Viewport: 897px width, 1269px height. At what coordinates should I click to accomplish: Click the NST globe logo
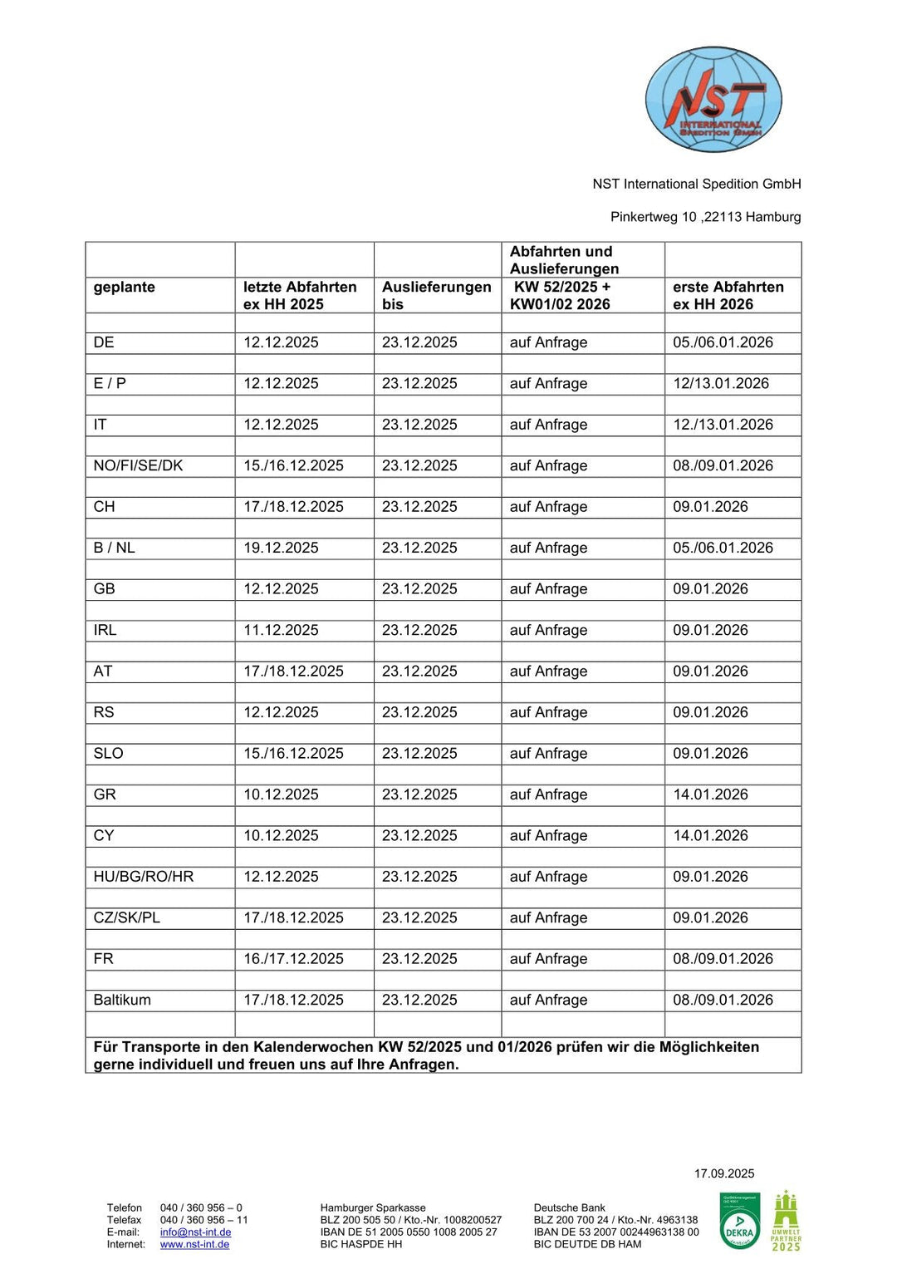click(x=713, y=100)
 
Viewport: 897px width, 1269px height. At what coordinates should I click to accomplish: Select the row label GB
click(x=105, y=589)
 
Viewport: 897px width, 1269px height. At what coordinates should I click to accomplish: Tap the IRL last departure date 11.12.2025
click(x=281, y=630)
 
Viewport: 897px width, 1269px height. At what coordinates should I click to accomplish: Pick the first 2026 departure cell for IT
click(x=723, y=425)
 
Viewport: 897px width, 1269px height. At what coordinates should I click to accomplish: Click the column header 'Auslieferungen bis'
click(x=436, y=295)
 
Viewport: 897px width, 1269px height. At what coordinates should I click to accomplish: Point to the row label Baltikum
click(x=122, y=1000)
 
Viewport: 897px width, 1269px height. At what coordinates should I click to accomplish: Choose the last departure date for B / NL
click(x=281, y=548)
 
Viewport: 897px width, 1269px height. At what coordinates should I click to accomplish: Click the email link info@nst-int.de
click(x=195, y=1232)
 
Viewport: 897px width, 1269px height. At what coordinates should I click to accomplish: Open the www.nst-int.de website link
click(x=194, y=1244)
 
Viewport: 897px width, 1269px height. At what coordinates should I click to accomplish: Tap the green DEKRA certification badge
click(x=739, y=1221)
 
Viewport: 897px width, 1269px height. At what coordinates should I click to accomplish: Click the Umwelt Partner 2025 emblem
click(x=786, y=1221)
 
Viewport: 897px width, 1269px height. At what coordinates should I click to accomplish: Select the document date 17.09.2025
click(x=724, y=1173)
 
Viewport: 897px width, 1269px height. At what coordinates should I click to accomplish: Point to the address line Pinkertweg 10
click(x=705, y=217)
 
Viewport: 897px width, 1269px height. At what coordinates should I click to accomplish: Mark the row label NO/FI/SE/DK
click(x=138, y=465)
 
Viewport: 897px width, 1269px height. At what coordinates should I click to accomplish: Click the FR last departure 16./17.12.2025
click(x=293, y=959)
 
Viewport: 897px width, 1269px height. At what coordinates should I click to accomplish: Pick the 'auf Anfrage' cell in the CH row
click(x=548, y=507)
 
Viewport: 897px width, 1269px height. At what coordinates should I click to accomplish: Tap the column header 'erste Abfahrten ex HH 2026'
click(x=728, y=295)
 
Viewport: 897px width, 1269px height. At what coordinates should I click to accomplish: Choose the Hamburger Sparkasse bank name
click(x=373, y=1208)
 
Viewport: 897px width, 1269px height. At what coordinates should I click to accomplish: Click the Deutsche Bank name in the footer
click(x=569, y=1208)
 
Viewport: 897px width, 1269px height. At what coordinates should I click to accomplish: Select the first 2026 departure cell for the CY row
click(x=710, y=835)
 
